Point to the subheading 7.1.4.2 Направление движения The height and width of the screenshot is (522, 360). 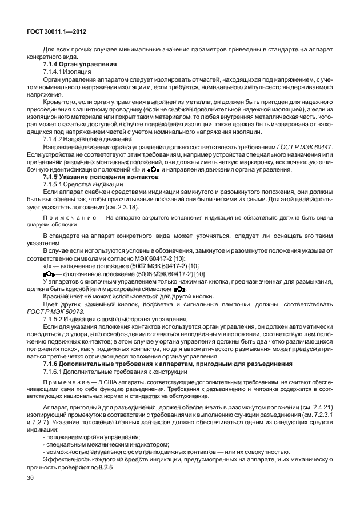(87, 139)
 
